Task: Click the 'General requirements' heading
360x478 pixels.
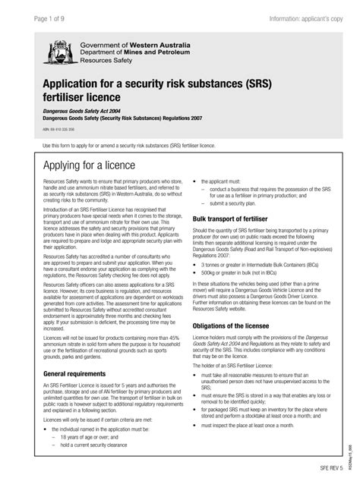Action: click(x=77, y=374)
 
